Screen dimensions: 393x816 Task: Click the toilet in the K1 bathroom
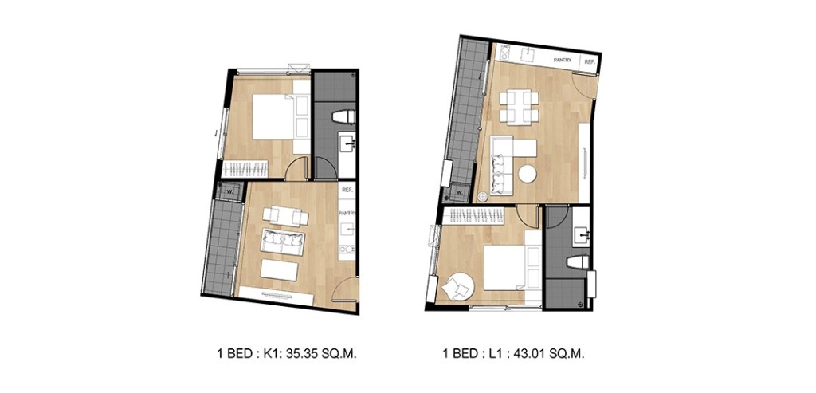[x=345, y=116]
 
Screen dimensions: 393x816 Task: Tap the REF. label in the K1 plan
[x=347, y=191]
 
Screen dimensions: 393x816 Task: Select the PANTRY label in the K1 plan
[x=347, y=214]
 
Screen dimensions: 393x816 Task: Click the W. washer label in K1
[x=229, y=191]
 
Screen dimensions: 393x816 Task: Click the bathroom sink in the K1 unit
[x=348, y=144]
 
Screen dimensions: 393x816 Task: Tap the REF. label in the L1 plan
[x=590, y=61]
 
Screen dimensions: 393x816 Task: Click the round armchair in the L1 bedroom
[x=457, y=285]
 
